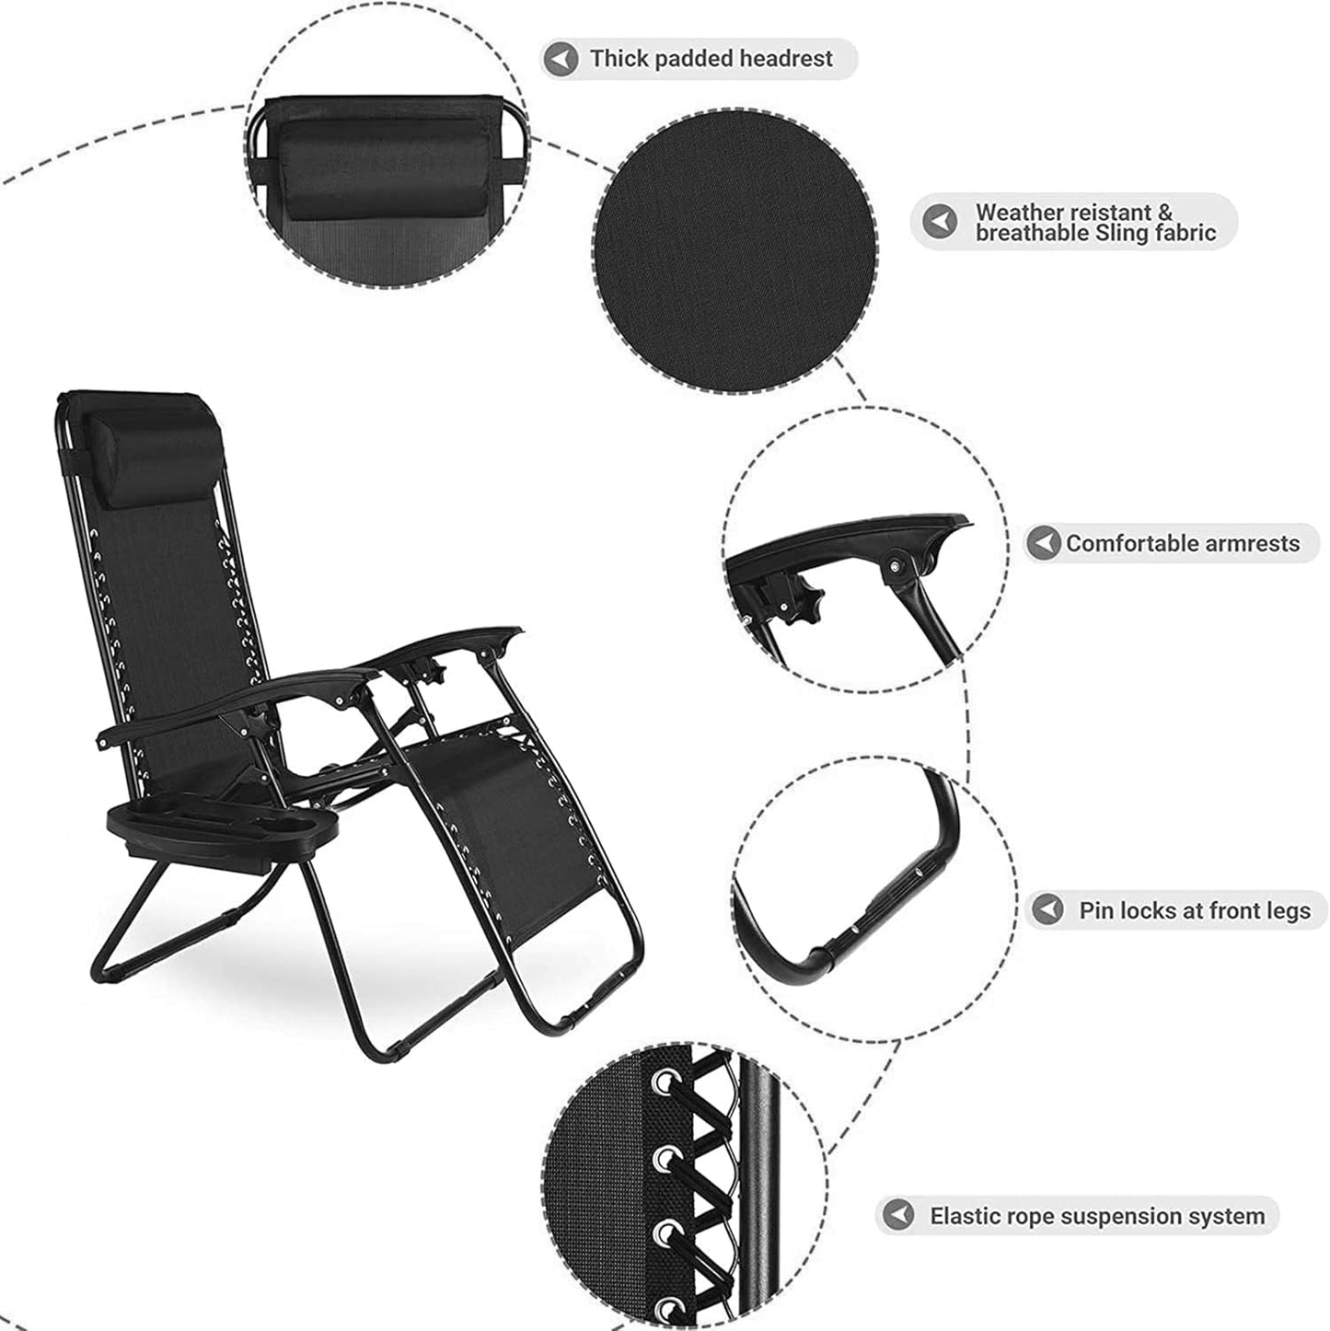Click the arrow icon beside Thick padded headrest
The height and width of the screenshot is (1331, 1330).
(560, 60)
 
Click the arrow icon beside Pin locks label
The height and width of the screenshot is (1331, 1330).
(1047, 910)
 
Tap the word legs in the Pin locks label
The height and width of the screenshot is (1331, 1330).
(1286, 910)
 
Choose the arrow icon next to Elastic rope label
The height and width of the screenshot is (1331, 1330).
(897, 1215)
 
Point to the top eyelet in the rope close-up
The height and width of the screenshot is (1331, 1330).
(662, 1084)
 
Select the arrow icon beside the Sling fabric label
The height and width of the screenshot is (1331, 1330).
(940, 223)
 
